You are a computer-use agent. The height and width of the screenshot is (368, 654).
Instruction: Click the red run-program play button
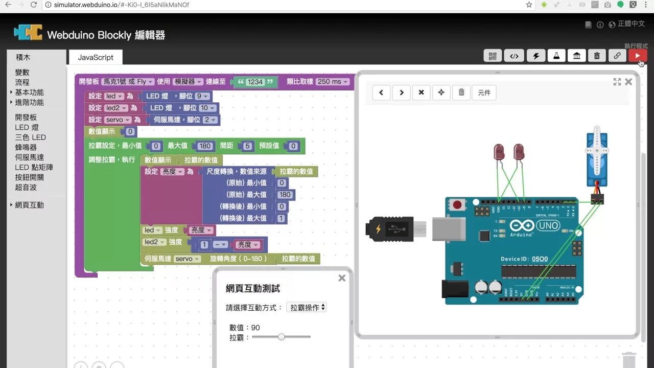coord(638,56)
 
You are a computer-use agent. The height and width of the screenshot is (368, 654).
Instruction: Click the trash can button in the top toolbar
coord(597,56)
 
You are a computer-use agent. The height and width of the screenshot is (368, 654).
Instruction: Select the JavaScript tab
coord(96,57)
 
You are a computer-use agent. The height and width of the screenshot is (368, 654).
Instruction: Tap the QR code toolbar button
coord(493,56)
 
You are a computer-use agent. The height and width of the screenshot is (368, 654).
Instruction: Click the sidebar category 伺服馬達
coord(30,157)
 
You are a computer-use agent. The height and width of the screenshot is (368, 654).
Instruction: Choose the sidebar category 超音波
coord(26,187)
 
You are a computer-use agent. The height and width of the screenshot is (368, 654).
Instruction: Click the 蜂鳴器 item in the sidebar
coord(26,147)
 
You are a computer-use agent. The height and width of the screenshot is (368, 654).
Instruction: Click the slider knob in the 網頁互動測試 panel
coord(281,337)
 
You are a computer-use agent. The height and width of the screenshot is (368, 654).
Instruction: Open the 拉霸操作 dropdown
coord(307,307)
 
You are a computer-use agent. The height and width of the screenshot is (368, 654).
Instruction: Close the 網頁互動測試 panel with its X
coord(342,278)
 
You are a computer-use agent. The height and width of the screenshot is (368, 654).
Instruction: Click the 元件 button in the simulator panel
coord(484,93)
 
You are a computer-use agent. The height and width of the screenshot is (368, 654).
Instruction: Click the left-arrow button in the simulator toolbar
coord(381,93)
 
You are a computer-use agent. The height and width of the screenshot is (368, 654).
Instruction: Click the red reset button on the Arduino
coord(457,205)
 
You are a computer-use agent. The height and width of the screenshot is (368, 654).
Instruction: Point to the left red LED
coord(499,152)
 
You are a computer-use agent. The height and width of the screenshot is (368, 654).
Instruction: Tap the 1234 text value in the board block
coord(255,82)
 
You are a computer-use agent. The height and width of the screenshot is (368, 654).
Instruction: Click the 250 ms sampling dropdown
coord(332,82)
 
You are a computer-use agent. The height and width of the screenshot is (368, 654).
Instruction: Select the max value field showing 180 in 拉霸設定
coord(205,146)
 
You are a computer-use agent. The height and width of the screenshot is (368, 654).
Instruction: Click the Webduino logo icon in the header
coord(28,32)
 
